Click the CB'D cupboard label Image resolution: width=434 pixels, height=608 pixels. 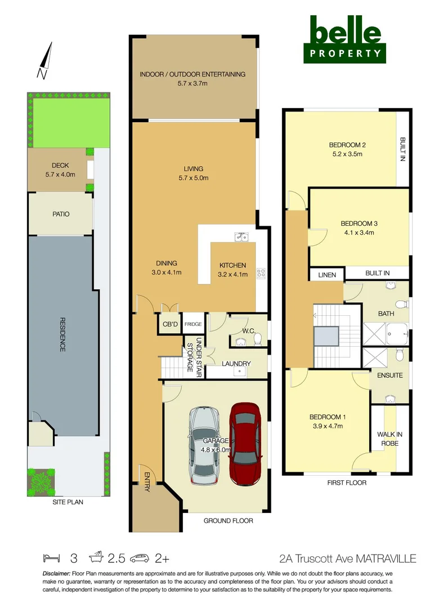click(169, 324)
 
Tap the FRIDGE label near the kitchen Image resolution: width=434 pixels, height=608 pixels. click(193, 324)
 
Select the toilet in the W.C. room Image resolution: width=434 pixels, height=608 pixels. click(257, 339)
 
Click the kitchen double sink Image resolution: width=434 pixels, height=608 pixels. click(243, 236)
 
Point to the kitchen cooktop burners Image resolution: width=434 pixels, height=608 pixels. click(261, 273)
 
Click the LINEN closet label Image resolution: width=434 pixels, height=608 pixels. click(326, 275)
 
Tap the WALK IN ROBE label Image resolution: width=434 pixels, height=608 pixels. click(390, 439)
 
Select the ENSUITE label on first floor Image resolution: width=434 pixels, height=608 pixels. click(390, 375)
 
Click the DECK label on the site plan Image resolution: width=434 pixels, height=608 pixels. click(60, 165)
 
